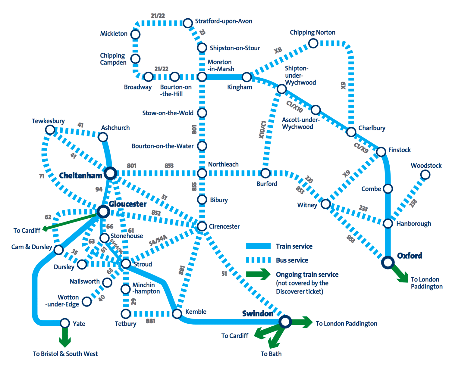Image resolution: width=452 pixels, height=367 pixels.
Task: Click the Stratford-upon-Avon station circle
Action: pyautogui.click(x=188, y=23)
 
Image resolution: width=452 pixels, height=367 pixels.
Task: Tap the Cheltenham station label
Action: pyautogui.click(x=80, y=176)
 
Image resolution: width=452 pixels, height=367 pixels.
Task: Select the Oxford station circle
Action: pyautogui.click(x=388, y=263)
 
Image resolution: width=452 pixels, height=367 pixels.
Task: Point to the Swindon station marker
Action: pyautogui.click(x=285, y=322)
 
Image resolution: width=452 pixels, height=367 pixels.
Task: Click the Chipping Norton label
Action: pyautogui.click(x=312, y=33)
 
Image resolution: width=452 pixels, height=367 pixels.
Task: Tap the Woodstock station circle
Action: pyautogui.click(x=425, y=175)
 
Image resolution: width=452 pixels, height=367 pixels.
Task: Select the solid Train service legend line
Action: pyautogui.click(x=258, y=246)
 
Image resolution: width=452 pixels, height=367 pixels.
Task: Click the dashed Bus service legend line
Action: pyautogui.click(x=258, y=260)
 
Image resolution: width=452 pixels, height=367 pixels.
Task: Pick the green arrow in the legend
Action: pyautogui.click(x=258, y=274)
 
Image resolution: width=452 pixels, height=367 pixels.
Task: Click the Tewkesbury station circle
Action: pyautogui.click(x=50, y=130)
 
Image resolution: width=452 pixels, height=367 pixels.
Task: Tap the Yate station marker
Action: pyautogui.click(x=65, y=323)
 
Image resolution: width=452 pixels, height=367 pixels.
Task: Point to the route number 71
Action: pyautogui.click(x=42, y=176)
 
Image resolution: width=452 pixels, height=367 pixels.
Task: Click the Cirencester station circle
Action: pyautogui.click(x=202, y=226)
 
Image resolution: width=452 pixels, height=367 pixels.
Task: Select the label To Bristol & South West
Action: pyautogui.click(x=65, y=354)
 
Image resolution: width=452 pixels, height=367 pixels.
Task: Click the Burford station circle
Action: pyautogui.click(x=265, y=173)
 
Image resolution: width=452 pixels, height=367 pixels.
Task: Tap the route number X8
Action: pyautogui.click(x=278, y=50)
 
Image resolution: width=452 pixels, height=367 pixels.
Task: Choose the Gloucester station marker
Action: pyautogui.click(x=103, y=212)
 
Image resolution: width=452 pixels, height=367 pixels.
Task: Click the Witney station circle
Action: pyautogui.click(x=326, y=204)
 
